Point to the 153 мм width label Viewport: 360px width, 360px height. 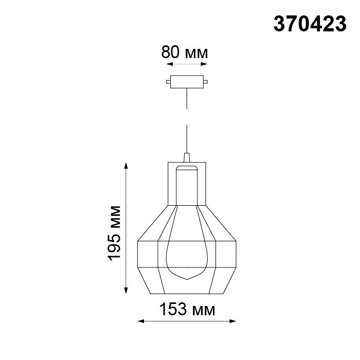pos(186,310)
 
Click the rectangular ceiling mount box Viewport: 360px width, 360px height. pos(187,82)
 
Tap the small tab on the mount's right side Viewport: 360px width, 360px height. pos(205,82)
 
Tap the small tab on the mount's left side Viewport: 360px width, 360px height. pos(169,82)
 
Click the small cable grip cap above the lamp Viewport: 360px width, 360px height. pos(187,156)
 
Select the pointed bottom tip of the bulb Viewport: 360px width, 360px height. pos(186,279)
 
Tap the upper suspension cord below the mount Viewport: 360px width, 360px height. pos(187,98)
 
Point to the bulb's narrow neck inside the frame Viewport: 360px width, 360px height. pos(186,185)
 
